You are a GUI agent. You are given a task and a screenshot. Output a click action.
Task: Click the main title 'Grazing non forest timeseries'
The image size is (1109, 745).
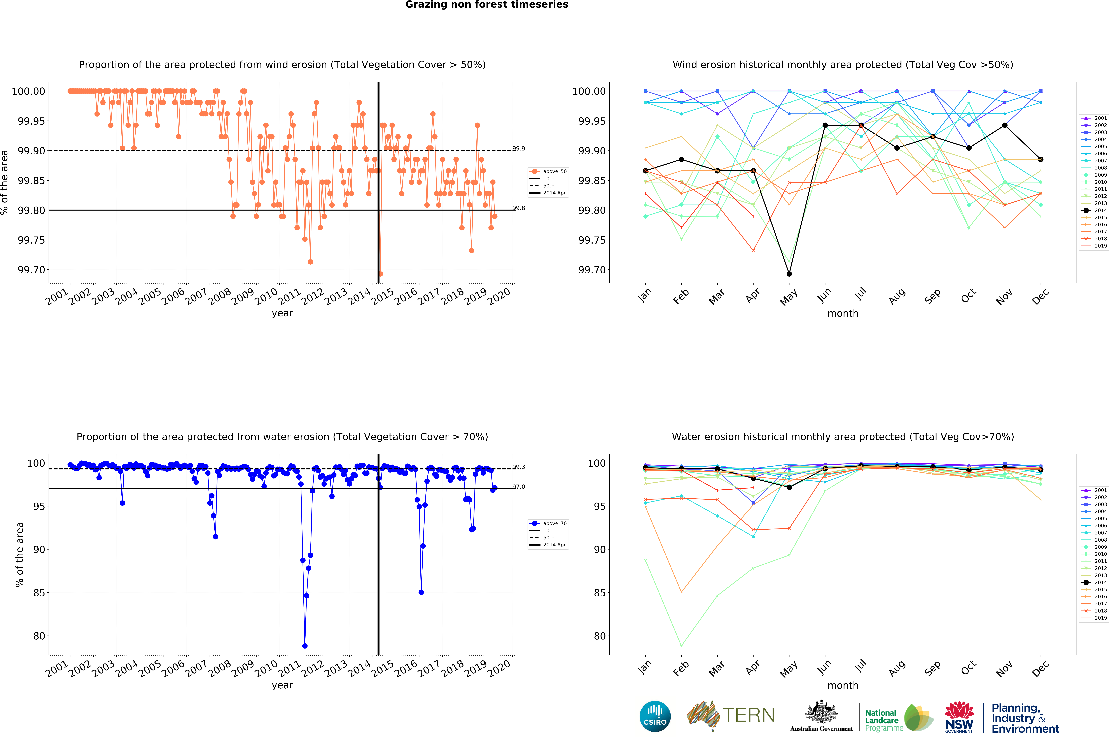[x=487, y=5]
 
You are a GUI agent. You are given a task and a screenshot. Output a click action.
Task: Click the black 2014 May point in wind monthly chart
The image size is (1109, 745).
[x=789, y=274]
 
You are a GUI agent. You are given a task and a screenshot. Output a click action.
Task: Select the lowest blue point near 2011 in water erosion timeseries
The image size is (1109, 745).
[x=305, y=646]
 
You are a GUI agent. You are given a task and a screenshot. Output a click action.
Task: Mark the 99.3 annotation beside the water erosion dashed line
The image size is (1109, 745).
[x=519, y=467]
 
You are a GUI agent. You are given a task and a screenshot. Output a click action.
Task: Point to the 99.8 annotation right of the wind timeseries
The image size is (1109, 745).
[x=519, y=208]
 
